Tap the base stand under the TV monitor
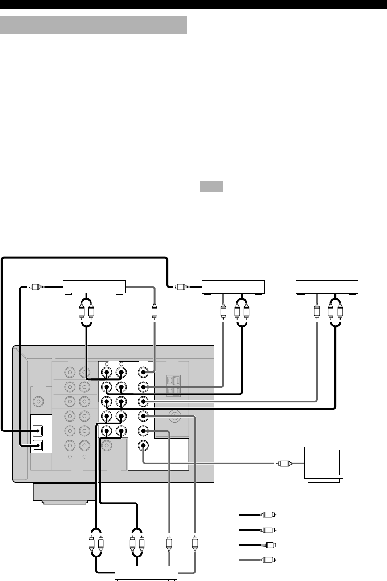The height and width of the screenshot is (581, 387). pos(324,479)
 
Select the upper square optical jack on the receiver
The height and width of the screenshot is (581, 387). pos(39,431)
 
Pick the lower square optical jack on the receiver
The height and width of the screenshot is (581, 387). pos(39,445)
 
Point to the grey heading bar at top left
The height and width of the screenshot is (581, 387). pos(94,25)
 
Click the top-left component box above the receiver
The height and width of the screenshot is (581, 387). pos(95,287)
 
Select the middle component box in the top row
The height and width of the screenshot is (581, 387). pos(234,287)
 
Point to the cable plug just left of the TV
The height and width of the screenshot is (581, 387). pos(282,463)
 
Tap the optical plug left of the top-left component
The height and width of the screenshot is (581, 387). pos(32,287)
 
